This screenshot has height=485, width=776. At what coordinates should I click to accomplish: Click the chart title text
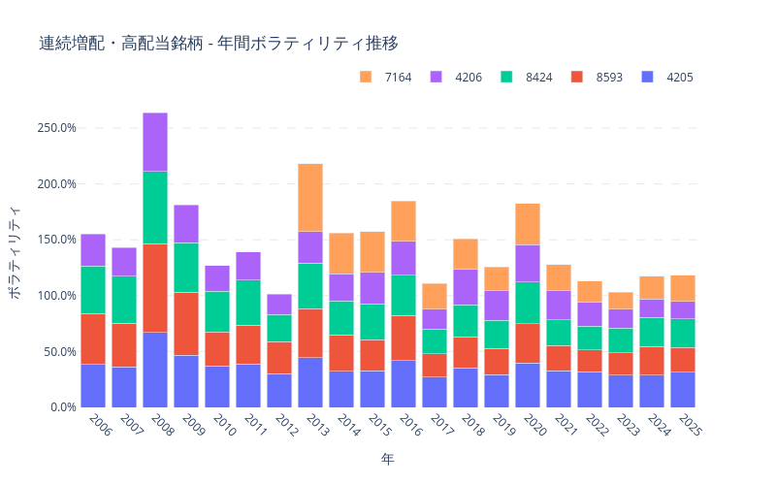218,44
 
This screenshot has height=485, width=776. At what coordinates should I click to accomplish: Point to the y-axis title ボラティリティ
15,252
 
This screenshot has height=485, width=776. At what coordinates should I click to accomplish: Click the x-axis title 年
387,458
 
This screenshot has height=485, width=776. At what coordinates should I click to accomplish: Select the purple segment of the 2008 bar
155,142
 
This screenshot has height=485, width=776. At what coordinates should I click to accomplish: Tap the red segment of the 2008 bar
155,288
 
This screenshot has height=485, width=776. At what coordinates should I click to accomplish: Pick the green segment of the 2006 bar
93,290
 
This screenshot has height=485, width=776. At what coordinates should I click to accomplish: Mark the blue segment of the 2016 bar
404,384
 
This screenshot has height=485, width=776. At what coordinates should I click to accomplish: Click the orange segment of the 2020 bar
528,224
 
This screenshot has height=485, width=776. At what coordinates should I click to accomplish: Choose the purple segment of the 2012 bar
279,305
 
